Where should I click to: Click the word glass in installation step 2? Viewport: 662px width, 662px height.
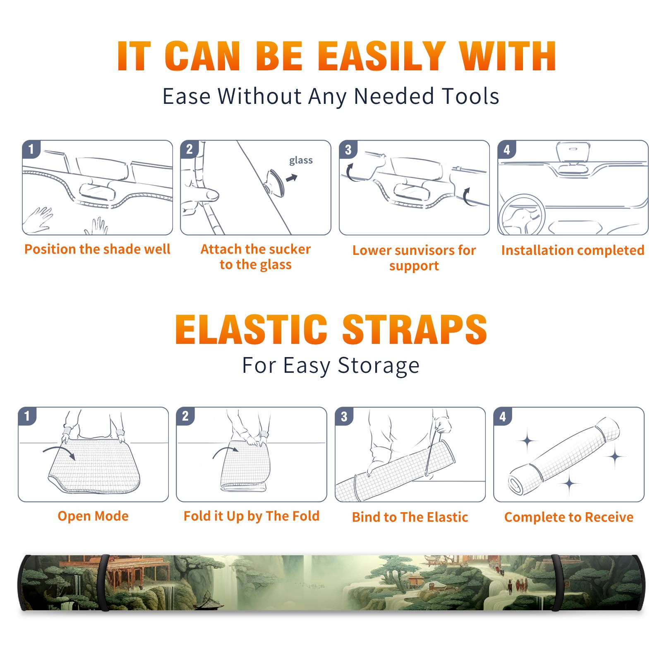[301, 161]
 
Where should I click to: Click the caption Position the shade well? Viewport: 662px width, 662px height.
[97, 249]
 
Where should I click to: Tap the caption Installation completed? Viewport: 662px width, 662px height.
[573, 250]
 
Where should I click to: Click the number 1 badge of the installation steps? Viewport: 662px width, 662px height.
[31, 149]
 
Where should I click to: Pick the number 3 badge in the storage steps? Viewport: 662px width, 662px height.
[344, 416]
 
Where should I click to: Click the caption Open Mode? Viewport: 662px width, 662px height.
[93, 516]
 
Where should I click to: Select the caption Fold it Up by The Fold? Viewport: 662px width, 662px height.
[252, 516]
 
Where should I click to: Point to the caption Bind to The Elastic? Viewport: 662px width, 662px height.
[410, 517]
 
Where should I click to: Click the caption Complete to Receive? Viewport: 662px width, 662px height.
[569, 517]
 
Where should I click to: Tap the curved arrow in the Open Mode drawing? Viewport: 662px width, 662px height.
[59, 449]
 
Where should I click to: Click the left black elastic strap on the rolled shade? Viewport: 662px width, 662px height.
[103, 583]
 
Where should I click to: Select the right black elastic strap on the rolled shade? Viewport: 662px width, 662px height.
[557, 583]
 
